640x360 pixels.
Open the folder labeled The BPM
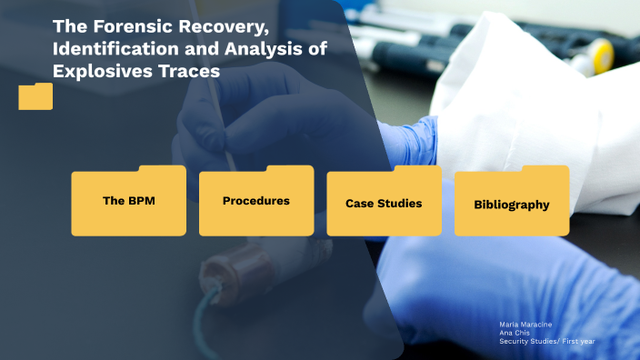point(128,202)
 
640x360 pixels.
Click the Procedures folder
point(255,202)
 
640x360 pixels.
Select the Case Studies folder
point(384,203)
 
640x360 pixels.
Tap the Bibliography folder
point(511,204)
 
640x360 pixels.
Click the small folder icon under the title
point(35,96)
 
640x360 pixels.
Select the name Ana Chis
point(513,333)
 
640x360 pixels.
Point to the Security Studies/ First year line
point(546,341)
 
